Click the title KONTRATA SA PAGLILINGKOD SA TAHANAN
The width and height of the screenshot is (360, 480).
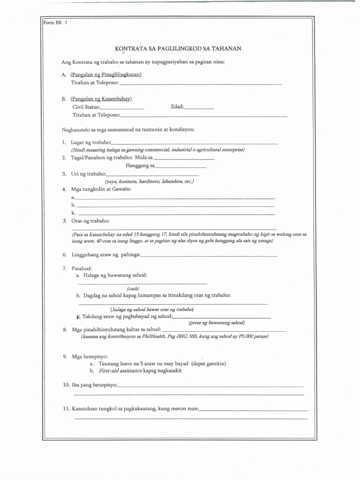pyautogui.click(x=178, y=48)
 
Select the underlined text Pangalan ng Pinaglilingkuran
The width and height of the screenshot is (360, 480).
pyautogui.click(x=106, y=75)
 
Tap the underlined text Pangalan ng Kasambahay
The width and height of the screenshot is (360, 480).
pyautogui.click(x=101, y=99)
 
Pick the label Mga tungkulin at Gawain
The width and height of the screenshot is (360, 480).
pyautogui.click(x=101, y=189)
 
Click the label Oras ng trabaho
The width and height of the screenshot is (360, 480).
pyautogui.click(x=90, y=221)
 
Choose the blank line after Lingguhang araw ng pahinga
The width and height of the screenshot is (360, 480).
pyautogui.click(x=209, y=256)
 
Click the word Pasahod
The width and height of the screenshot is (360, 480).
pyautogui.click(x=82, y=268)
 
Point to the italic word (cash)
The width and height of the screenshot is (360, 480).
pyautogui.click(x=133, y=288)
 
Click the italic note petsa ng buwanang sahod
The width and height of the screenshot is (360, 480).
pyautogui.click(x=217, y=323)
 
